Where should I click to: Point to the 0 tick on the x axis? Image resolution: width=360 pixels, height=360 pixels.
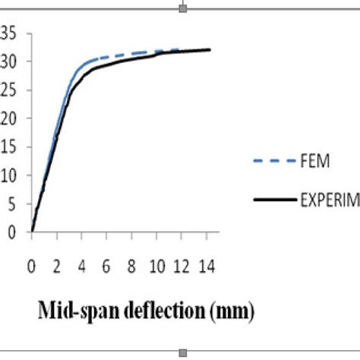(32, 267)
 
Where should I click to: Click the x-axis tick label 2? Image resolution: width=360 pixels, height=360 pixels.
(57, 267)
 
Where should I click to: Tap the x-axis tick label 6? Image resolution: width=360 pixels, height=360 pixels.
(107, 267)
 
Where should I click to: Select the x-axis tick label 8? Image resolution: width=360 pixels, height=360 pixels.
(132, 267)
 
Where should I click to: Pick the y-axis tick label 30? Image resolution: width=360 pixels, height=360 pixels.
(7, 61)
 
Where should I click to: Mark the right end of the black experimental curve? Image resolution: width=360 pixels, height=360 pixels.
(210, 50)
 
